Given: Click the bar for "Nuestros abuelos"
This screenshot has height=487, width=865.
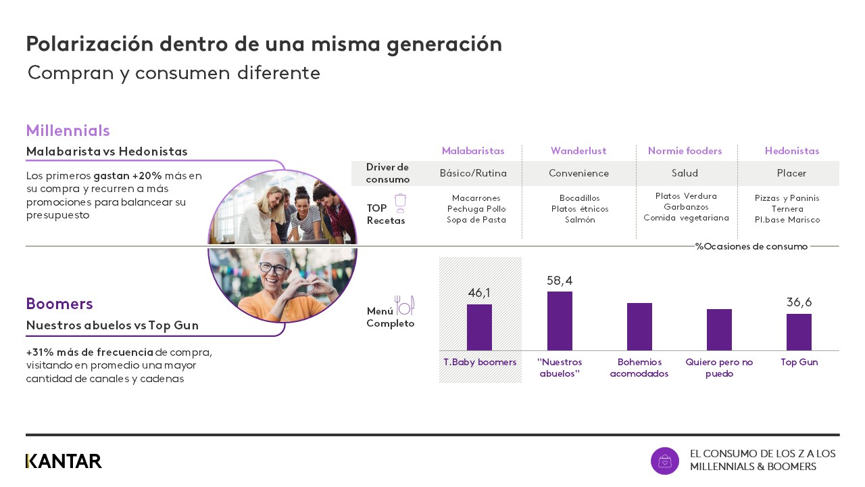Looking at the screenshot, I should (x=560, y=321).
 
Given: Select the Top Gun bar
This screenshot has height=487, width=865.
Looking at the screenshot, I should (x=799, y=332).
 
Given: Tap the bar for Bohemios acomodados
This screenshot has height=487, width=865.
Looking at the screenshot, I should (x=639, y=327).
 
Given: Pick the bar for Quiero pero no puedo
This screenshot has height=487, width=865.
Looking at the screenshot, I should (x=719, y=329).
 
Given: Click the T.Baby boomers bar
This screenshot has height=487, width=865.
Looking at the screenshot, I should (x=479, y=327).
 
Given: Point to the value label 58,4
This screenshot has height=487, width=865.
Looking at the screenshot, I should (x=560, y=281).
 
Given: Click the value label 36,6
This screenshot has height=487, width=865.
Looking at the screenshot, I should (x=799, y=302).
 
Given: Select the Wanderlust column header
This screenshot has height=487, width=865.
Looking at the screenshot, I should (x=578, y=151).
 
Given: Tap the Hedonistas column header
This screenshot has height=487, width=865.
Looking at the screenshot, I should (x=791, y=151).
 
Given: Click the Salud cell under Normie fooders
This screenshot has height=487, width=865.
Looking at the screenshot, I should (x=685, y=173).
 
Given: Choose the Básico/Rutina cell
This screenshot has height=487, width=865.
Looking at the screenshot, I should (x=473, y=173).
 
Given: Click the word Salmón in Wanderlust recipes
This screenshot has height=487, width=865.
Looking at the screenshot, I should (x=580, y=220).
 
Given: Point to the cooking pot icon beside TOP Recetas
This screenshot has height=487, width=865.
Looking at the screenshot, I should (x=400, y=203).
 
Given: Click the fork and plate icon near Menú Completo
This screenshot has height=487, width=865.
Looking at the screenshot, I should (x=404, y=306).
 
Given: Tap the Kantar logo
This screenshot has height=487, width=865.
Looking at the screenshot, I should (x=64, y=461).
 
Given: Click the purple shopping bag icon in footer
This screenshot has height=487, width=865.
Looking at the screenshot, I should (x=664, y=461).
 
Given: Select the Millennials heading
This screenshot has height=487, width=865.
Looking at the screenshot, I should (x=68, y=131).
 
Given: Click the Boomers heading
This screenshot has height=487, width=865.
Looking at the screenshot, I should (x=59, y=304).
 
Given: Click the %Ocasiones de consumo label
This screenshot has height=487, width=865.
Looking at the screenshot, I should (x=751, y=246).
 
